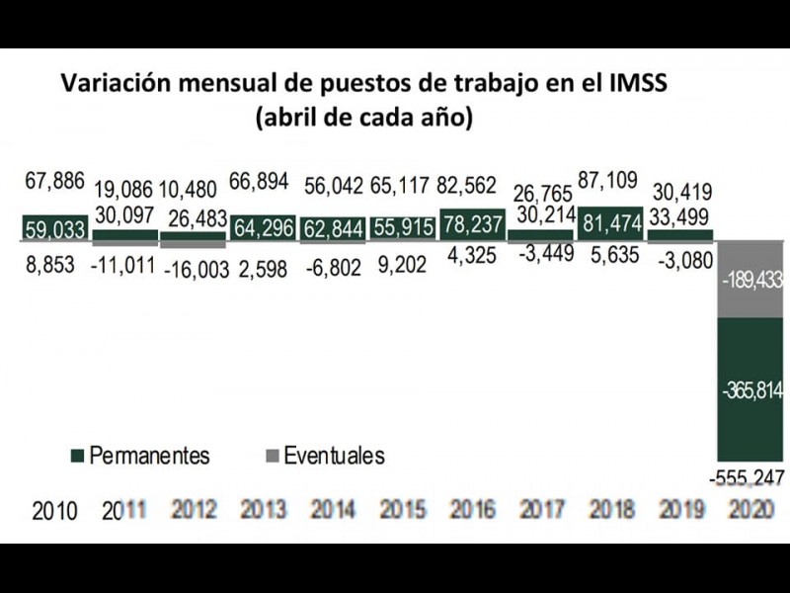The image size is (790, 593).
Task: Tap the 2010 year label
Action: pos(54,511)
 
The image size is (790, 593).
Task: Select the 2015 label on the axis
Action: pos(402,510)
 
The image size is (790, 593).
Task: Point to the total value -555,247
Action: pos(747,479)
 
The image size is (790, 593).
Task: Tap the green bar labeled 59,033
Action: pos(54,228)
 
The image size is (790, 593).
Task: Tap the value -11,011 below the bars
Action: pos(122,268)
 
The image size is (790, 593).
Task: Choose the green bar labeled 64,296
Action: pos(262,228)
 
